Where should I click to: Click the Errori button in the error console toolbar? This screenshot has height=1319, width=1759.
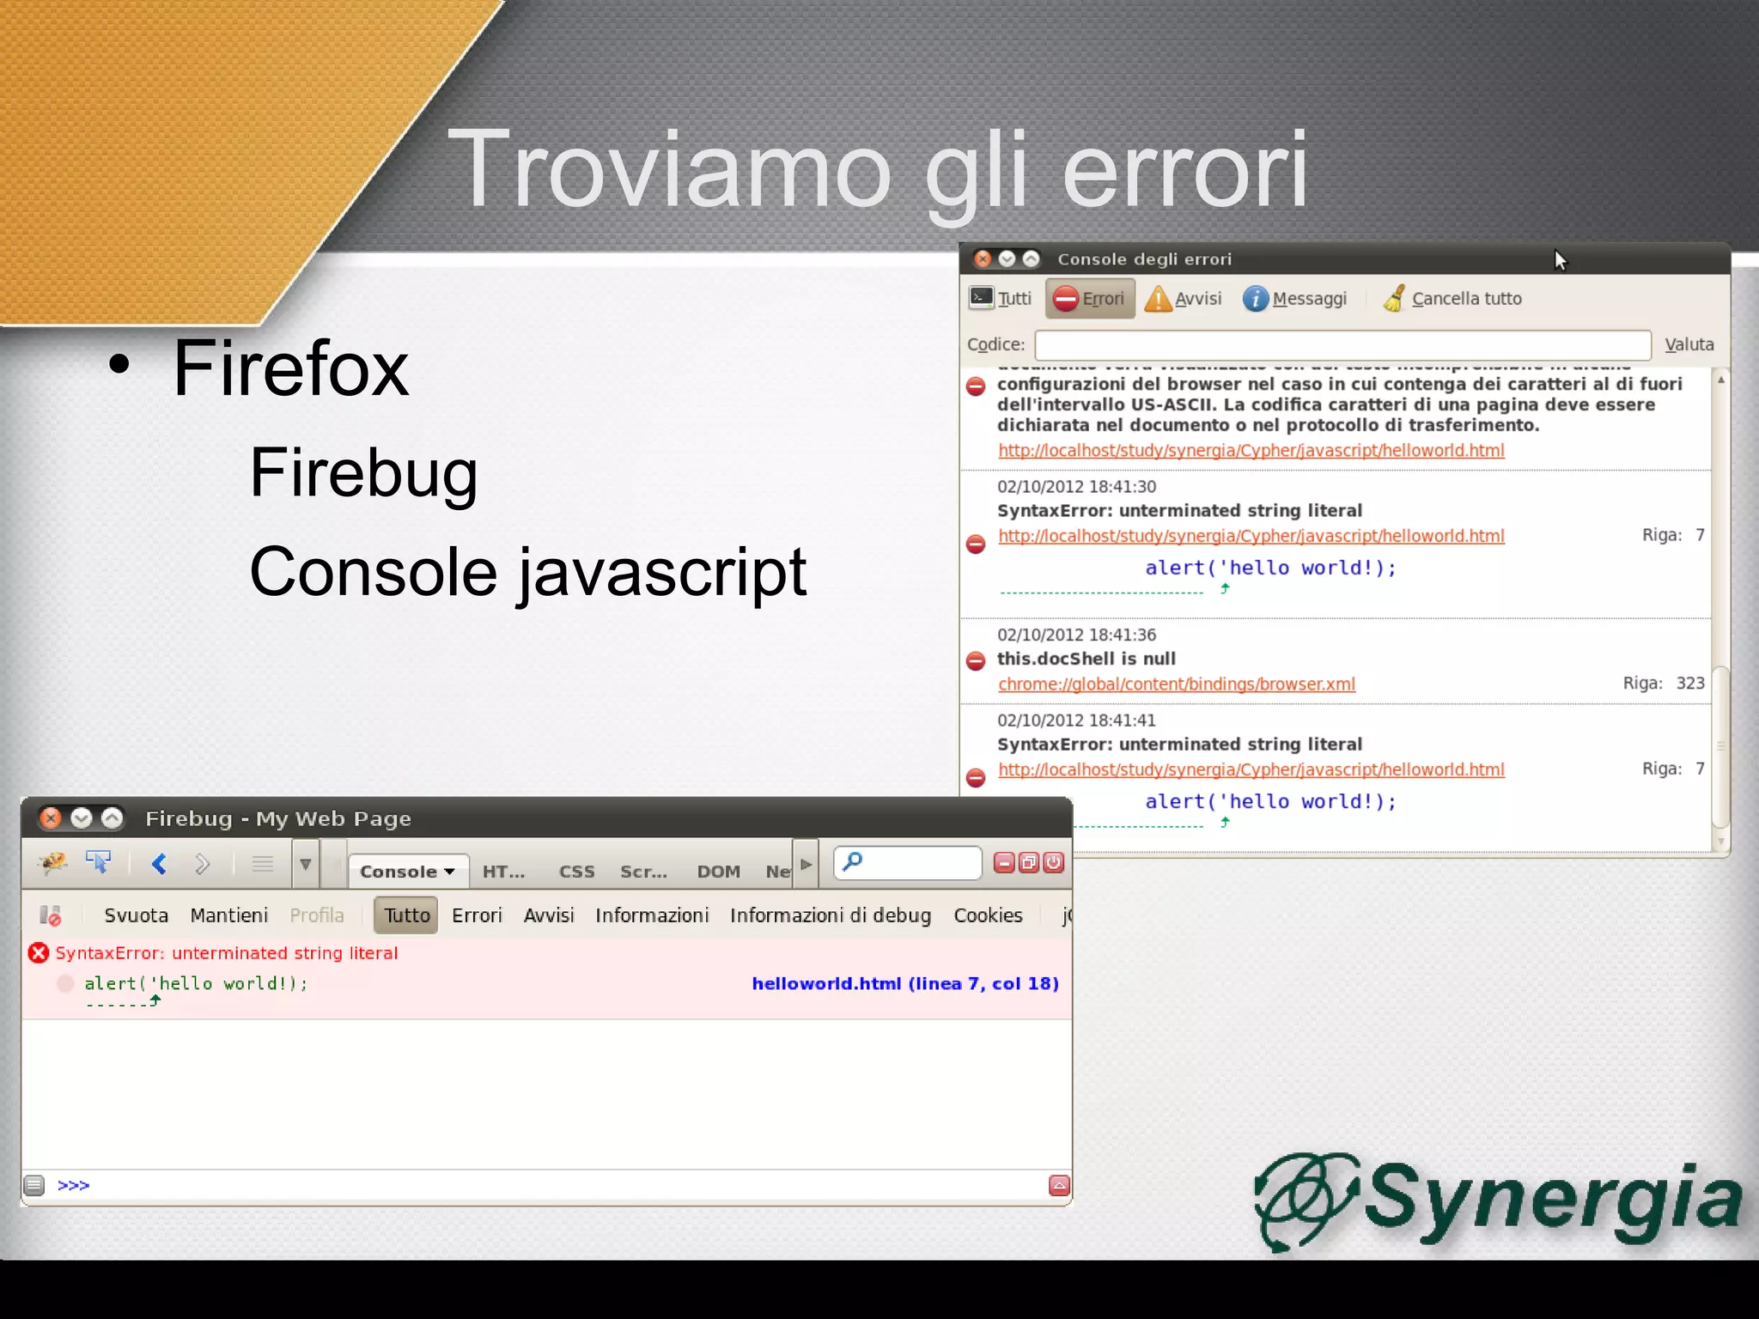(x=1090, y=299)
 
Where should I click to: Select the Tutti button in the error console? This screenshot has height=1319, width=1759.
(x=1001, y=299)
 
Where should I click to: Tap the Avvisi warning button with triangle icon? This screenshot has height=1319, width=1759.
(x=1184, y=299)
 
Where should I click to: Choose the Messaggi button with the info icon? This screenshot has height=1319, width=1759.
(x=1295, y=299)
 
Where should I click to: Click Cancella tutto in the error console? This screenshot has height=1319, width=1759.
(x=1452, y=299)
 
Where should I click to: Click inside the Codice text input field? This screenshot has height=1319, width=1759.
(x=1342, y=345)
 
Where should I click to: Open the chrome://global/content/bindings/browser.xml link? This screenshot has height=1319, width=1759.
(x=1176, y=684)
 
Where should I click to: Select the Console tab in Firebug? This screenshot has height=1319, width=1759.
(x=407, y=872)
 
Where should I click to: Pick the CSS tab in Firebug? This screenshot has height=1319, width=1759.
(x=576, y=872)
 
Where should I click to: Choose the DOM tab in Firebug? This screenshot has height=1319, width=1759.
(x=718, y=872)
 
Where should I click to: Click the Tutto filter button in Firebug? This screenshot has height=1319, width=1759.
(x=406, y=915)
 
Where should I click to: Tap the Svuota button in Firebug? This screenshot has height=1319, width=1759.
(x=136, y=915)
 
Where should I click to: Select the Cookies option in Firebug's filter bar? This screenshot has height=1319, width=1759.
(x=988, y=915)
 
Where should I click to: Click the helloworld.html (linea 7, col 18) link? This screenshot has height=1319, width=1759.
(x=904, y=984)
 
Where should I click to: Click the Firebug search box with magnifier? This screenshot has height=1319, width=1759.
(x=908, y=862)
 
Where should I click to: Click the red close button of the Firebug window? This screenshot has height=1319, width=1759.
(x=52, y=818)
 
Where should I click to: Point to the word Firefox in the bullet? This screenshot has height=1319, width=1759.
(x=290, y=368)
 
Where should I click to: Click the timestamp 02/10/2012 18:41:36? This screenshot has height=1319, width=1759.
(x=1076, y=635)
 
